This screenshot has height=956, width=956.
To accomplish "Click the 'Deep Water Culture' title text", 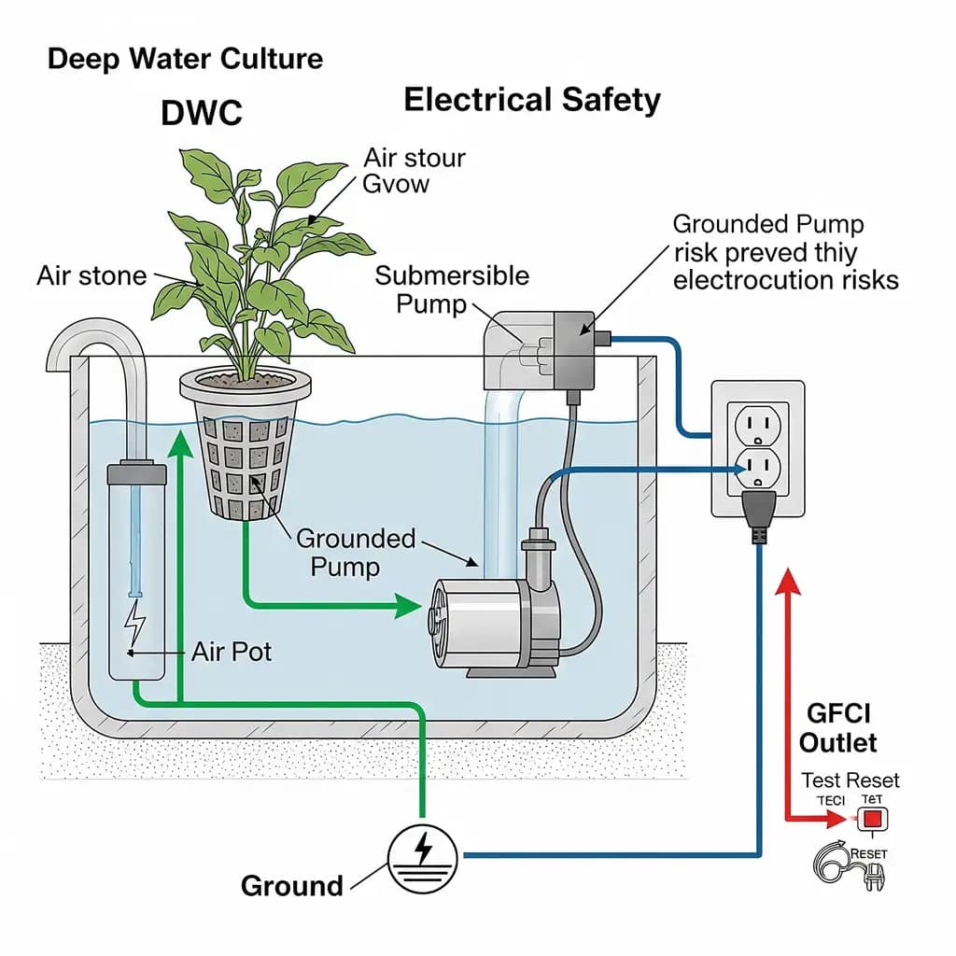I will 185,59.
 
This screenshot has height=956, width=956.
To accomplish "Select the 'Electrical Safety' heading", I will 532,100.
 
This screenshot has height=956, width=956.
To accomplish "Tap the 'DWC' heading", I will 202,113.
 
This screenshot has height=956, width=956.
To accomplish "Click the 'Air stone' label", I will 91,275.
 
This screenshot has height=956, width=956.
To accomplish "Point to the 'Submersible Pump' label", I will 452,289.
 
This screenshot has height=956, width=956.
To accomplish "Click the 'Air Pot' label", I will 232,651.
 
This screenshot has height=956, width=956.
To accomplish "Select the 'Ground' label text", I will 291,885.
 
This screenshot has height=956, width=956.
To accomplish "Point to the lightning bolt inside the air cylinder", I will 136,619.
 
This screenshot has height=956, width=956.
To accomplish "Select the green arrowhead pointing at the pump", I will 407,605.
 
